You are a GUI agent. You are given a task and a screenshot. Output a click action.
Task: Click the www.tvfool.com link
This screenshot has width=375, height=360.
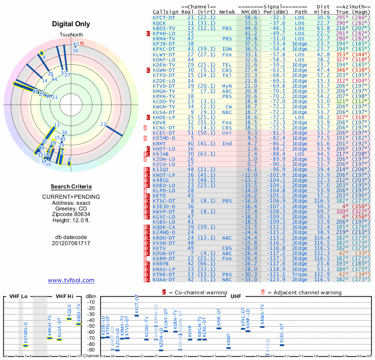[71, 280]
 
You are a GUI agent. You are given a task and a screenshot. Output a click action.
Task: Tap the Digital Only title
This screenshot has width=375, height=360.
[71, 24]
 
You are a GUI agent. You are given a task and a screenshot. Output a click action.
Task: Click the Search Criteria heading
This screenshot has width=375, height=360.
[71, 187]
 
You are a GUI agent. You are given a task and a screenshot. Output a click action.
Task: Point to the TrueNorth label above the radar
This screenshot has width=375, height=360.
[71, 36]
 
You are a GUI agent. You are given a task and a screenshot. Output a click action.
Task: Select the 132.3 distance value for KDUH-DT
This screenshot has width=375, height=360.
[323, 253]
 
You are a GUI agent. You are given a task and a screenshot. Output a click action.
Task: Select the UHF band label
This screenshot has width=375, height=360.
[236, 297]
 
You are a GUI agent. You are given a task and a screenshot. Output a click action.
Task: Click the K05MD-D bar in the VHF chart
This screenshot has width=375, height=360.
[26, 345]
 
